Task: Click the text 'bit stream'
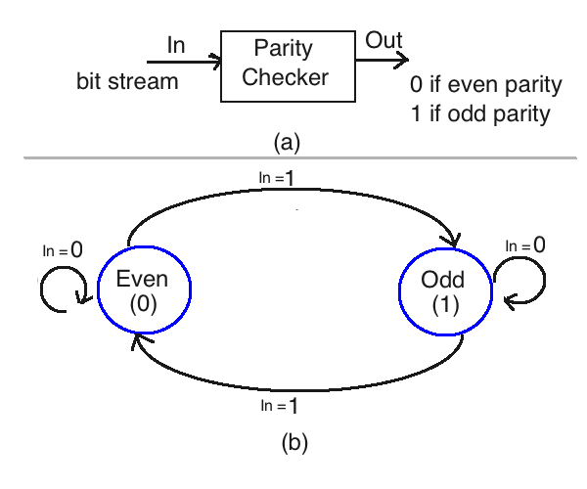pos(127,81)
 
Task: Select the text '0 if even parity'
pos(487,85)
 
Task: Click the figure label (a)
pos(287,143)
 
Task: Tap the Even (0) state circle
pos(144,289)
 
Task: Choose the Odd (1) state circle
pos(443,289)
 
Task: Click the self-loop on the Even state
pos(58,289)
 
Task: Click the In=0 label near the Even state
pos(62,249)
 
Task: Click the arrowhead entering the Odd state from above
pos(453,242)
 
